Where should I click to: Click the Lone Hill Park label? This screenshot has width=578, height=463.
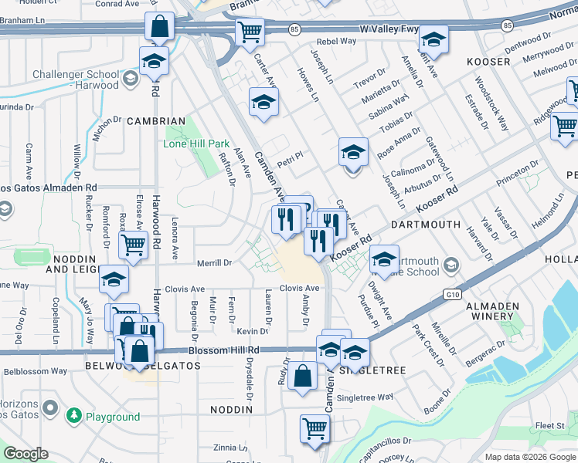pos(196,144)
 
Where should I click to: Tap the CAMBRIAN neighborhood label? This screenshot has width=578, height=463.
pos(156,121)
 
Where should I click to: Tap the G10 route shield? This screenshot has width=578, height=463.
pos(452,294)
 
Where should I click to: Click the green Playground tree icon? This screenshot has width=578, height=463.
pos(74,416)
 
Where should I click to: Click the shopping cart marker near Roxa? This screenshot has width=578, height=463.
pos(133,245)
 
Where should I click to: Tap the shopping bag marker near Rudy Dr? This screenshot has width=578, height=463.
pos(303,376)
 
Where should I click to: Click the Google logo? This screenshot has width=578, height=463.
pos(26,454)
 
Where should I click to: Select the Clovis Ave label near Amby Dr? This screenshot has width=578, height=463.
pos(299,289)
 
